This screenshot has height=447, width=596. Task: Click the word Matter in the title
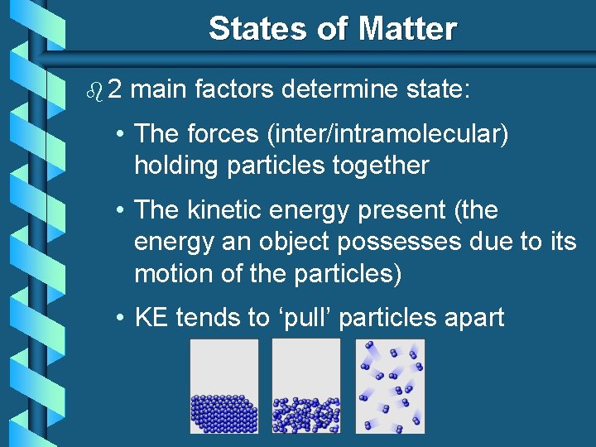[407, 29]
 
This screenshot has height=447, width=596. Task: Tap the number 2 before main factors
[114, 89]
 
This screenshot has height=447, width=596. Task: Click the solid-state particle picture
[223, 386]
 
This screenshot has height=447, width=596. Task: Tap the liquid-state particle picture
[305, 386]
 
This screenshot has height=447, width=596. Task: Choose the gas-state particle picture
[390, 386]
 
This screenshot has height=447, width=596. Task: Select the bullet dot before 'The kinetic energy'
[121, 211]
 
